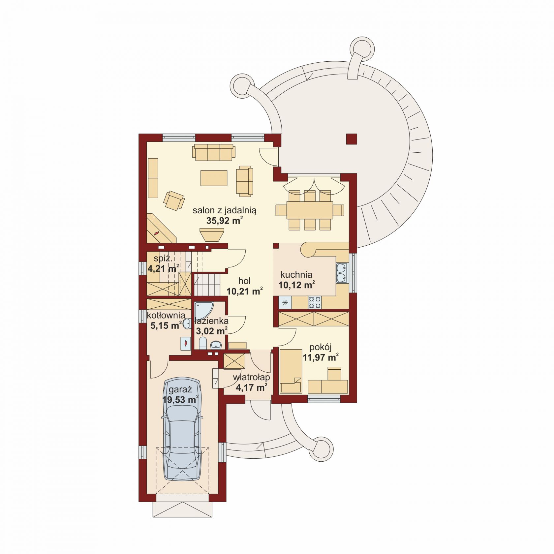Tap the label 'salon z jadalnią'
pos(225,210)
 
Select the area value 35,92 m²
pos(225,221)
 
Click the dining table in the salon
pos(310,210)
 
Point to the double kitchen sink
pos(342,273)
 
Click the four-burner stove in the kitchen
pos(315,302)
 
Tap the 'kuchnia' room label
pos(296,274)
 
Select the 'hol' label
pos(244,281)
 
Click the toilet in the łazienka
pos(203,343)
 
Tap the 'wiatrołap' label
pos(252,377)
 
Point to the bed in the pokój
pos(291,371)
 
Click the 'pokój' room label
pos(321,347)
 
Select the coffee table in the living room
pos(214,178)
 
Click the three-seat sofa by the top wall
pos(214,152)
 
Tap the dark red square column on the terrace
pos(352,139)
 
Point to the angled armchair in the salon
pos(174,200)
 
